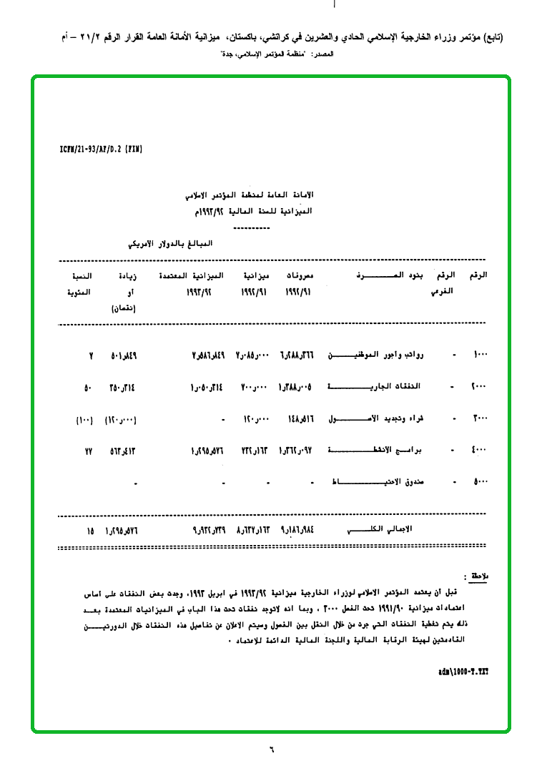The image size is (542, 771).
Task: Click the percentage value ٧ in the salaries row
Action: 91,355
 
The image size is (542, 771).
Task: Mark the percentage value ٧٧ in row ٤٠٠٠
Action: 89,451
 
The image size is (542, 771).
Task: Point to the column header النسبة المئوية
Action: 84,284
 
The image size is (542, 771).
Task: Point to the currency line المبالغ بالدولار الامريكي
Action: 172,244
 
